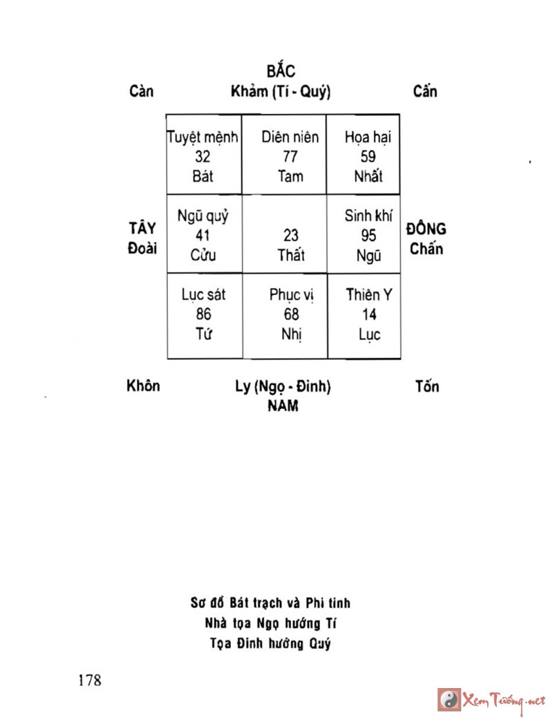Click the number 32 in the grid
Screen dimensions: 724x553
203,157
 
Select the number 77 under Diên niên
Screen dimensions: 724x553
290,157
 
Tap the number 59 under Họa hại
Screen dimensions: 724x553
368,157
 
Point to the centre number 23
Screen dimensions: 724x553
291,236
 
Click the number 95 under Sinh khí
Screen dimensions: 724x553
368,236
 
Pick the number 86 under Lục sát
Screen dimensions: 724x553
203,315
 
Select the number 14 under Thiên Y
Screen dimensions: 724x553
369,315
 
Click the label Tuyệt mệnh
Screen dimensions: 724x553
203,137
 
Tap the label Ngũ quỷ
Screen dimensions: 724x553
203,216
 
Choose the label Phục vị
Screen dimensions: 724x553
292,295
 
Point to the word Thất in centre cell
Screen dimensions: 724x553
291,255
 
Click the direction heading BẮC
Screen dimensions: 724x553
281,70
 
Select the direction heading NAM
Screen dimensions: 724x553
283,406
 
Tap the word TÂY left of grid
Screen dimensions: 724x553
142,229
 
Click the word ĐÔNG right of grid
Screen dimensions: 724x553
426,229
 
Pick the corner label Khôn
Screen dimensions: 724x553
143,385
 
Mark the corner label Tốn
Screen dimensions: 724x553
427,386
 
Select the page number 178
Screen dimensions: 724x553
90,680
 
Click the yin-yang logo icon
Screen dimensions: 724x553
449,699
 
